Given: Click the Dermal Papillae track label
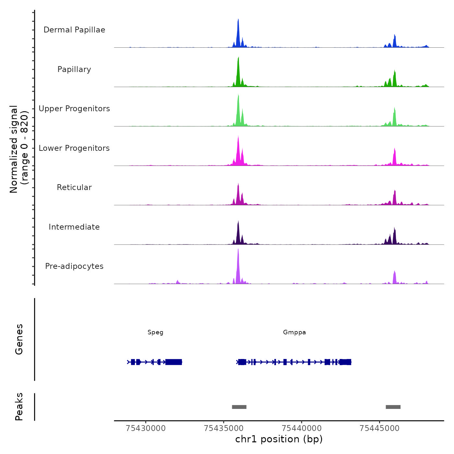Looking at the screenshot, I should point(74,30).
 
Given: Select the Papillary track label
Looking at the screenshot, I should point(74,69).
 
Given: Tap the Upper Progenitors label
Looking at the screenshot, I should point(74,109).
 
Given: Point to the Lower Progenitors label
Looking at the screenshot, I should point(74,148).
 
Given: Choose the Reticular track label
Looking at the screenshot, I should point(74,187).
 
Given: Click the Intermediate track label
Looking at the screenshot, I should point(74,227).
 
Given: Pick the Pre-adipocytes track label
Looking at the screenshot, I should point(74,266).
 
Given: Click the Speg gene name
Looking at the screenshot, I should point(155,332).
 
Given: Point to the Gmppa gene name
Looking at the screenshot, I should point(294,332).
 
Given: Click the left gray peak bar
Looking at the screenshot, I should point(239,407).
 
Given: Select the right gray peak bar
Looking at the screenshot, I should point(393,407).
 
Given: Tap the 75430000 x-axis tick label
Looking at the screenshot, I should point(146,428).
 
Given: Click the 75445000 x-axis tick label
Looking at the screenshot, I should point(379,428).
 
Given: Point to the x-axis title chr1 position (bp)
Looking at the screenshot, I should point(279,439).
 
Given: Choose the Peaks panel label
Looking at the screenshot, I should point(19,407).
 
